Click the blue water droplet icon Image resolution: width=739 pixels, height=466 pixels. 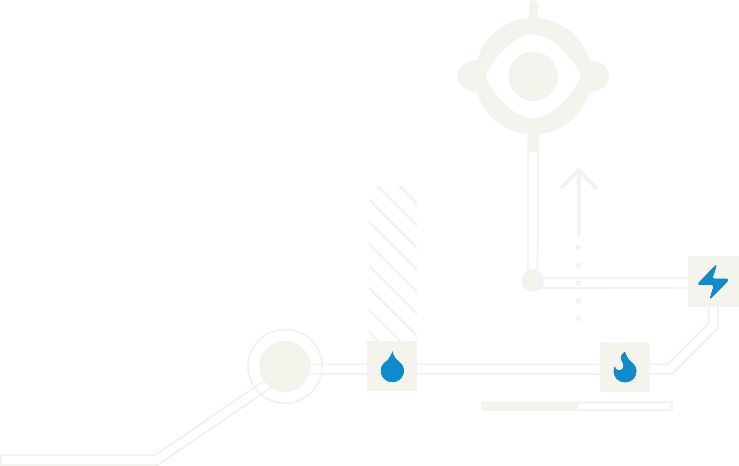392,369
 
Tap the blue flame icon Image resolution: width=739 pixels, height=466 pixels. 625,370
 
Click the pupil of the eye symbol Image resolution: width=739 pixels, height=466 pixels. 533,76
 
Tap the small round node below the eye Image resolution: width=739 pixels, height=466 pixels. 532,281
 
